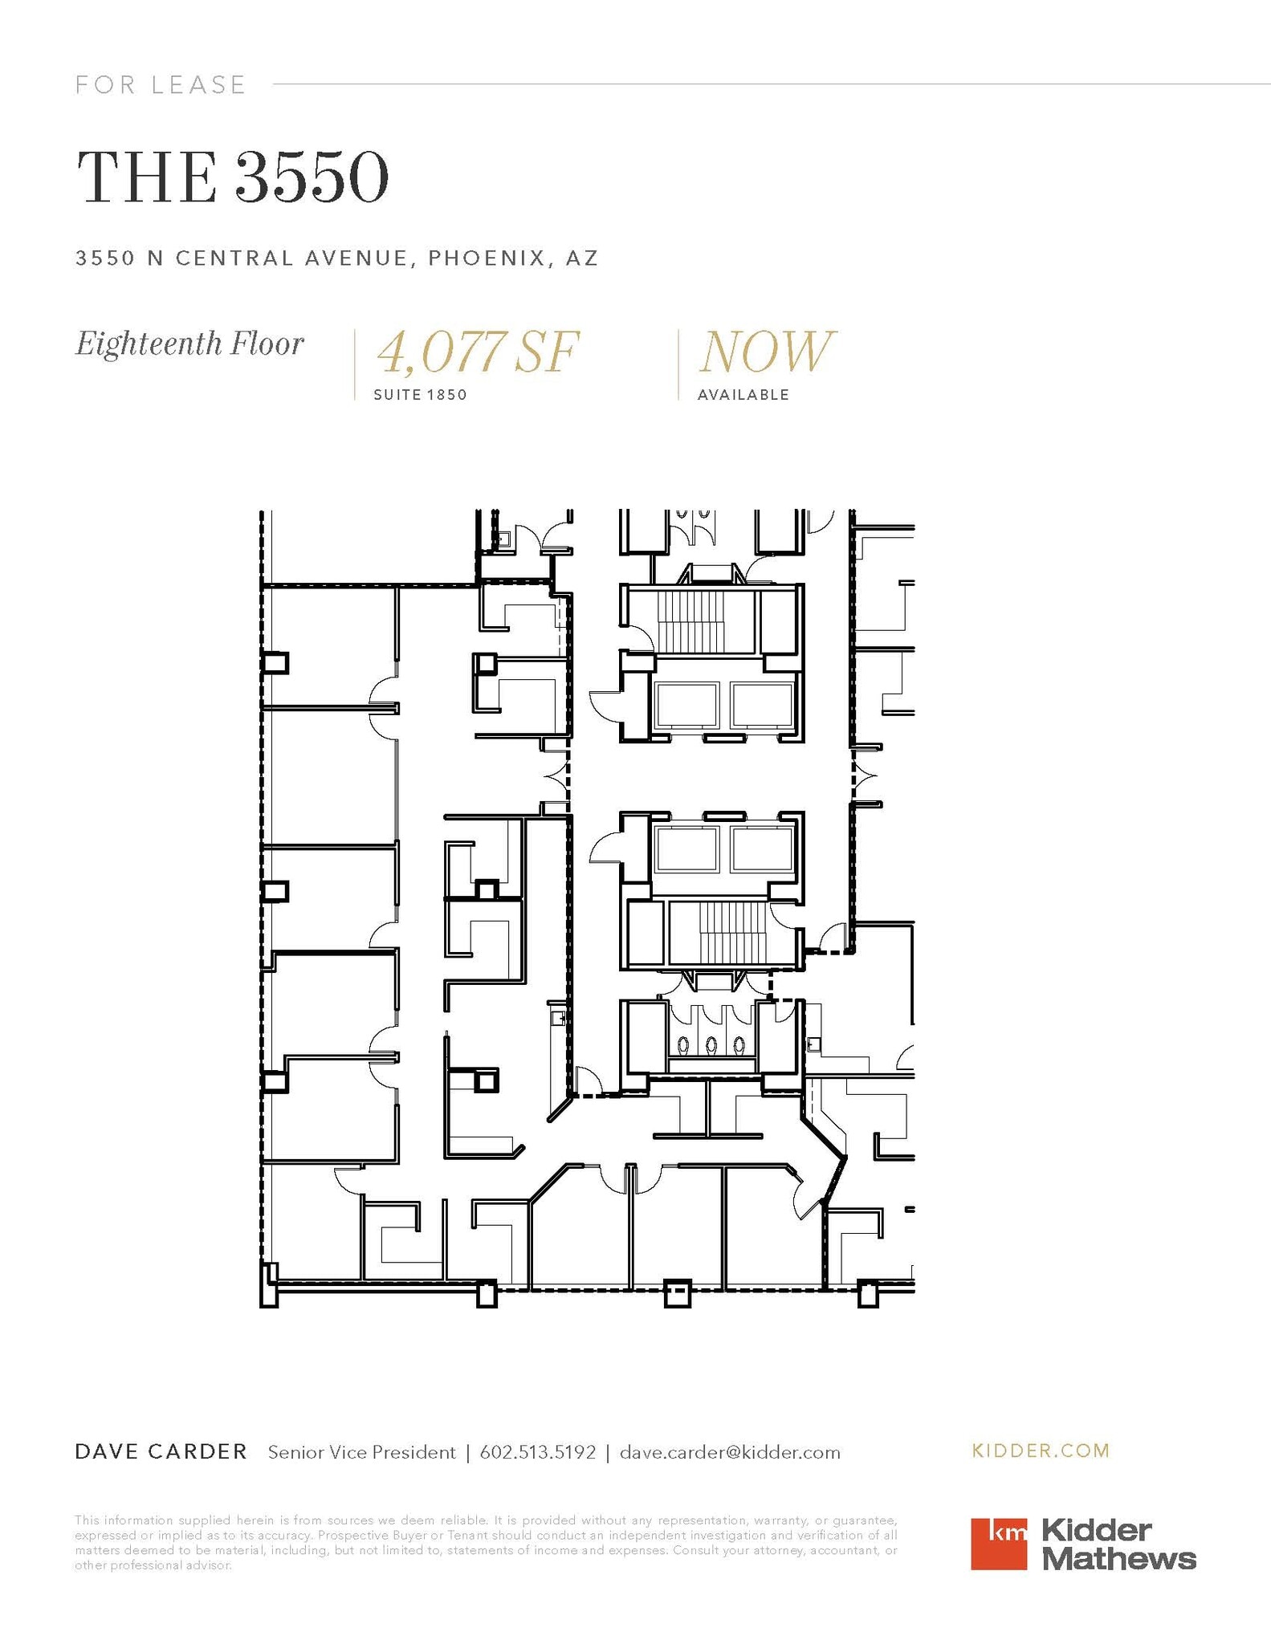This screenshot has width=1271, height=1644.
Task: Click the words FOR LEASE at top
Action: (x=161, y=85)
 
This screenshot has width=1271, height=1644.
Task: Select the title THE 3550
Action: (x=232, y=177)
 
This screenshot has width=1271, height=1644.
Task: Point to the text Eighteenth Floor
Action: (x=189, y=344)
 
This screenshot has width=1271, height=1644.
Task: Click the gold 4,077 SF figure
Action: (x=478, y=352)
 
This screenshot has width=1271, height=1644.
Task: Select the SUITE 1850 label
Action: (x=420, y=395)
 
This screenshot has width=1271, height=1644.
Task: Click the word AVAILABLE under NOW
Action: (x=743, y=395)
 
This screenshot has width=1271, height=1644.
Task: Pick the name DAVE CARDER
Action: (x=161, y=1452)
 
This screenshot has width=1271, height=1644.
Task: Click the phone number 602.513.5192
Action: (x=538, y=1452)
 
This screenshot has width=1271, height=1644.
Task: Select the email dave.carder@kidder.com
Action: (x=730, y=1452)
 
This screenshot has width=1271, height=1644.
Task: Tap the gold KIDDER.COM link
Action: (x=1041, y=1451)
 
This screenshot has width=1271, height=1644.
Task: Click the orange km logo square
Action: (x=998, y=1544)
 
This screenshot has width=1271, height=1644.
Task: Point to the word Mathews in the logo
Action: (x=1118, y=1560)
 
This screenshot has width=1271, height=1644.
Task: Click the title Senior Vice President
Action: (x=361, y=1452)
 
